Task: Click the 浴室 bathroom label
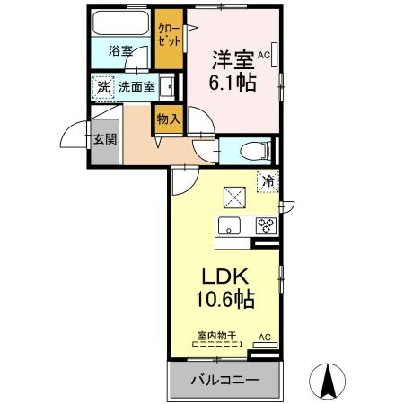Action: point(121,52)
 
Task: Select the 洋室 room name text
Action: point(232,60)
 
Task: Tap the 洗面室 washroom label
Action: point(136,88)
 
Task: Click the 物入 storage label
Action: point(168,118)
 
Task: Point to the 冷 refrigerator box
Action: point(268,180)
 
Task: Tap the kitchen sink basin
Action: point(230,226)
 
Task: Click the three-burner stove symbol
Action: point(266,226)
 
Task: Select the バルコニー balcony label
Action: point(224,380)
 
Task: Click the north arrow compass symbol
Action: point(327,381)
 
